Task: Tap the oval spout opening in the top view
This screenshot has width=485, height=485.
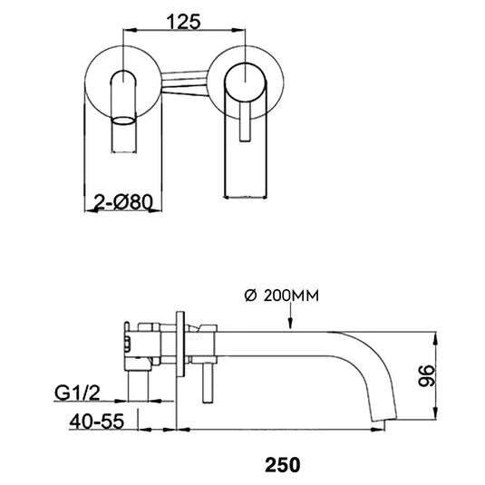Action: [x=122, y=119]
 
